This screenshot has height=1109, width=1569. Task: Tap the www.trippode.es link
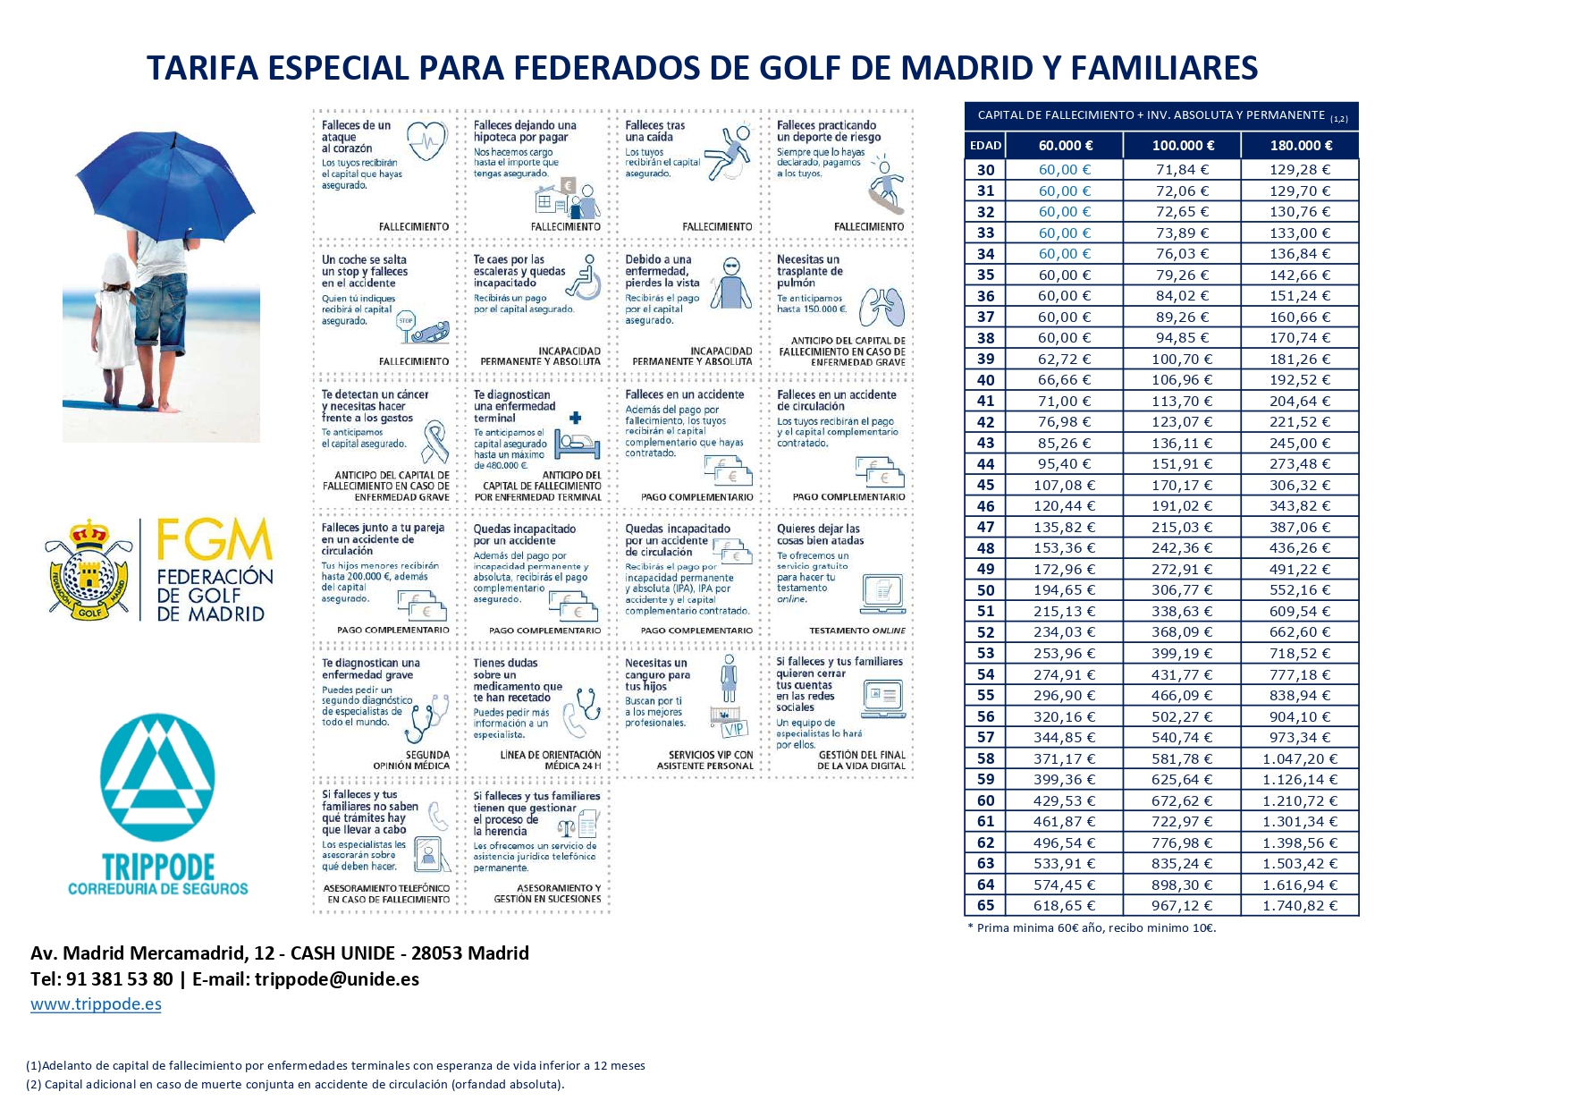coord(96,1003)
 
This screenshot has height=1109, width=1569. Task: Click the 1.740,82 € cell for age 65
coord(1299,905)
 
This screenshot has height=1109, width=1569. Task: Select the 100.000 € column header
coord(1182,145)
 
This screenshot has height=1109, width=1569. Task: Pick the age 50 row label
coord(985,590)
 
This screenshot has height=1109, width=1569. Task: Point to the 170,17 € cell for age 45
coord(1182,485)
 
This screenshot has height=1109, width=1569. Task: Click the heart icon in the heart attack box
coord(426,141)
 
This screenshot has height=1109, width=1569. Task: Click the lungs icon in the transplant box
coord(881,307)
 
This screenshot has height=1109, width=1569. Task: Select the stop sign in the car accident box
coord(407,322)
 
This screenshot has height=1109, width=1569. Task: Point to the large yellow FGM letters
coord(214,539)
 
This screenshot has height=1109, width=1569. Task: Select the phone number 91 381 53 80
coord(119,978)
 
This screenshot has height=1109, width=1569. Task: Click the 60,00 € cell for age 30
coord(1064,169)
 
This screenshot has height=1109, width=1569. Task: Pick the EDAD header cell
coord(985,145)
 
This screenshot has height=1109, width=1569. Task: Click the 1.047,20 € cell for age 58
coord(1299,758)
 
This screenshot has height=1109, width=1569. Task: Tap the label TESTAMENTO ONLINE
coord(856,631)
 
